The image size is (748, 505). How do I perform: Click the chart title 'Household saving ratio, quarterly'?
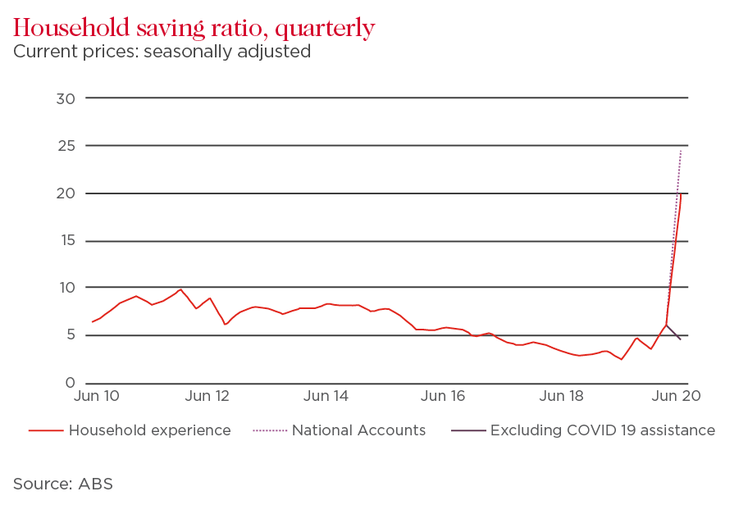[194, 28]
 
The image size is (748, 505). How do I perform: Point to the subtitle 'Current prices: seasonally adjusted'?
[162, 52]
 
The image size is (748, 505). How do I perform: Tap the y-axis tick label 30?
[66, 98]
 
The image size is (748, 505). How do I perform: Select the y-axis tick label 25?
[66, 146]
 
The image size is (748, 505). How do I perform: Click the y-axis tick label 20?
[66, 193]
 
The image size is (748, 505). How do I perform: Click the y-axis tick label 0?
[71, 383]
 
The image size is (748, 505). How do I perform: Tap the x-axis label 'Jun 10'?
[97, 397]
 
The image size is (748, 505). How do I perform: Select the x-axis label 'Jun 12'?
[208, 397]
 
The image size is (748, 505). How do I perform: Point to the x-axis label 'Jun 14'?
[326, 397]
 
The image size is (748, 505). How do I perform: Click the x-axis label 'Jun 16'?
[443, 397]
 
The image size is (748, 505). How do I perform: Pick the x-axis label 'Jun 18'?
[562, 397]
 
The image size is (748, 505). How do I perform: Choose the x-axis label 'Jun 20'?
[674, 397]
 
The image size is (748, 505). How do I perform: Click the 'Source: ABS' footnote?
[62, 484]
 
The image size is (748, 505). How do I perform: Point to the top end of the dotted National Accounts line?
[681, 151]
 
